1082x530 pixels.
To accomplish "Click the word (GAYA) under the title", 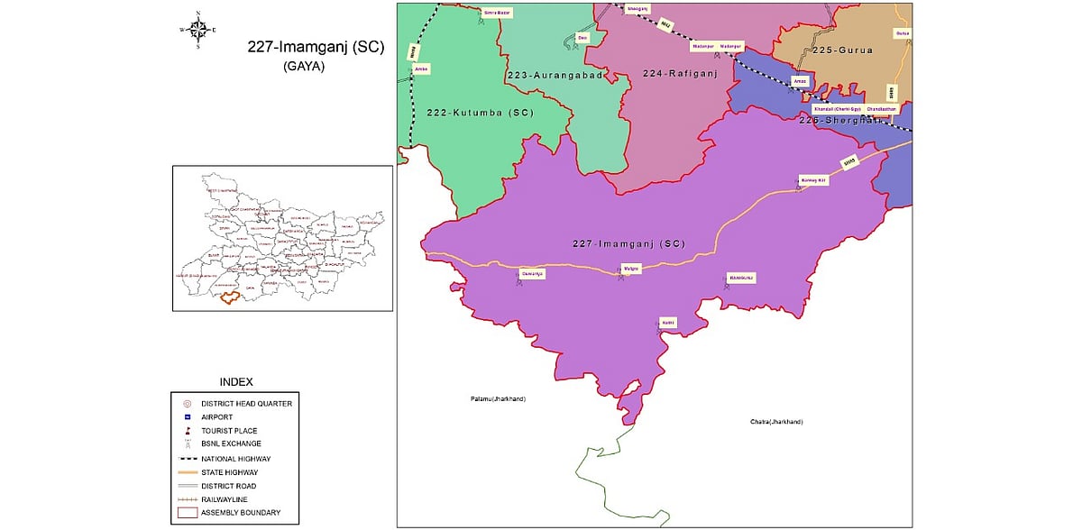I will pyautogui.click(x=303, y=67).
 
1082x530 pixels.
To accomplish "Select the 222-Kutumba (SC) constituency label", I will pyautogui.click(x=480, y=113).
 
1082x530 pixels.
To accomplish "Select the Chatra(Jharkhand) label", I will pyautogui.click(x=775, y=422).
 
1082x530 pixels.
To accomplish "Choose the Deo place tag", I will pyautogui.click(x=582, y=38).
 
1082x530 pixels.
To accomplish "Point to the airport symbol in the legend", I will pyautogui.click(x=187, y=417).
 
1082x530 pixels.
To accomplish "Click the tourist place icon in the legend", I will pyautogui.click(x=187, y=431).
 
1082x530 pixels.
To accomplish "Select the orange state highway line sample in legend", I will pyautogui.click(x=187, y=471).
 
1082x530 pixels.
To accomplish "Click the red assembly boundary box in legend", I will pyautogui.click(x=187, y=512).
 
